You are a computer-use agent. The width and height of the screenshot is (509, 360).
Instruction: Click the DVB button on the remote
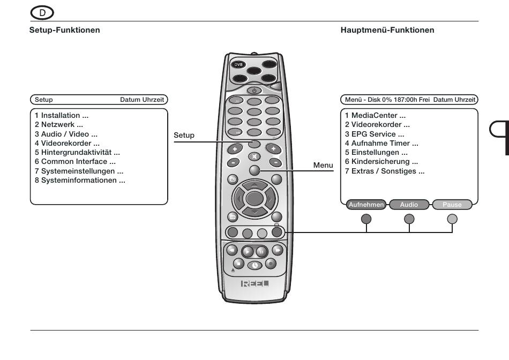238,65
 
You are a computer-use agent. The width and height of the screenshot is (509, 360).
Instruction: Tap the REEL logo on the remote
255,283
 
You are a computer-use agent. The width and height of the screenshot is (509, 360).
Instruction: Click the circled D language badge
42,13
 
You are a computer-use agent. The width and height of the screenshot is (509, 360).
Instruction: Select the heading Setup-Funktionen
65,30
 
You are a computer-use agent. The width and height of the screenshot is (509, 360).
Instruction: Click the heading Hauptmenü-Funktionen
387,30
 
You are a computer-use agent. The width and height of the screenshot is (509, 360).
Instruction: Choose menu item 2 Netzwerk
59,125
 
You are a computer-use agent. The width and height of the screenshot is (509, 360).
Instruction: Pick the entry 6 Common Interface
75,162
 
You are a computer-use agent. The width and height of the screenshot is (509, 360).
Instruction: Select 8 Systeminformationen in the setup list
80,181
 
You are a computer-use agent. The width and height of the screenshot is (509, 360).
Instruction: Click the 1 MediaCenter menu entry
375,116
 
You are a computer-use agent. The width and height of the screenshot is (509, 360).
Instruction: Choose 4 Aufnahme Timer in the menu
381,144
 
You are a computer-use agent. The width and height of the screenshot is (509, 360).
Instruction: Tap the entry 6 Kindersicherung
381,162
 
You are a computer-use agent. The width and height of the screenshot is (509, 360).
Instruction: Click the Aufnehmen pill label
366,205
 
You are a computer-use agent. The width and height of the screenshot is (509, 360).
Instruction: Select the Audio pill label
409,205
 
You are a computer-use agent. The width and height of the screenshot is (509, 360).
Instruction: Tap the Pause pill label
452,205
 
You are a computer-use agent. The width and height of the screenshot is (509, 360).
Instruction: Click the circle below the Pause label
452,219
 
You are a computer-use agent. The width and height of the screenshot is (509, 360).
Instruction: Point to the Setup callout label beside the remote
184,135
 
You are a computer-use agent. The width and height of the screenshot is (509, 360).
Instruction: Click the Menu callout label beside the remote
323,165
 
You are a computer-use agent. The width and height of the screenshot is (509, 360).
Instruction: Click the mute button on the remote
254,156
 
